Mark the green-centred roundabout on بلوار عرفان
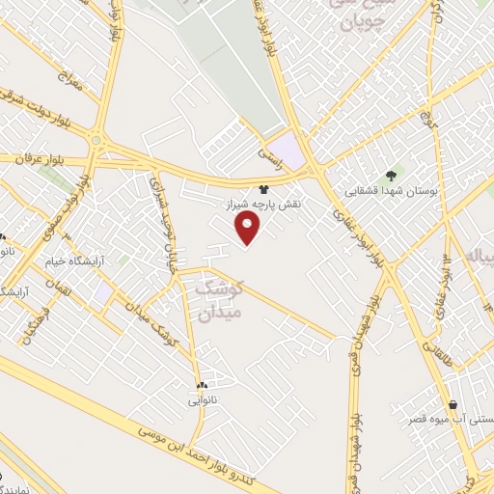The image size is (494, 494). click(97, 142)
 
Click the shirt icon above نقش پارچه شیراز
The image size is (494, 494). click(263, 190)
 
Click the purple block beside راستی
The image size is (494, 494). click(292, 154)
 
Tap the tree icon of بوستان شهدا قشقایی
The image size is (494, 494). click(391, 175)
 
